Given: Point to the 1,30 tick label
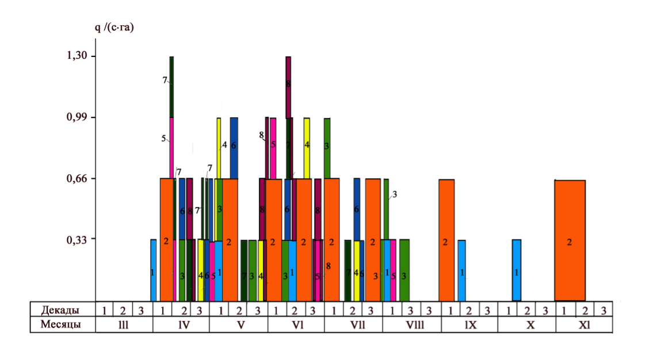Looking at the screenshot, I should click(x=79, y=56).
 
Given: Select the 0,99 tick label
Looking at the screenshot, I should click(x=79, y=117).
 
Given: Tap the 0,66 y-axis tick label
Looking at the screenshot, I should click(x=79, y=179).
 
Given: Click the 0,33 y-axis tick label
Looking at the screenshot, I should click(x=79, y=239).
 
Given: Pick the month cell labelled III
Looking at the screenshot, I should click(x=124, y=325).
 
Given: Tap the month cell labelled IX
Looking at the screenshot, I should click(x=470, y=325).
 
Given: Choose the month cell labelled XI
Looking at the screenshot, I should click(x=584, y=325).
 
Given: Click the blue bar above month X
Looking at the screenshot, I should click(x=517, y=270).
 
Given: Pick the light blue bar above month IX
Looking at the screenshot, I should click(x=462, y=270).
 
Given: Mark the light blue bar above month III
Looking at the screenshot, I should click(x=153, y=270).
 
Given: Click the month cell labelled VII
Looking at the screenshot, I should click(x=353, y=325).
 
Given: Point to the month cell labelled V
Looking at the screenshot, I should click(x=239, y=325).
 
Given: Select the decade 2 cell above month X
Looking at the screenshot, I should click(x=527, y=311).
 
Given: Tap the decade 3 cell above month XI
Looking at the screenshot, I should click(x=603, y=311).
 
